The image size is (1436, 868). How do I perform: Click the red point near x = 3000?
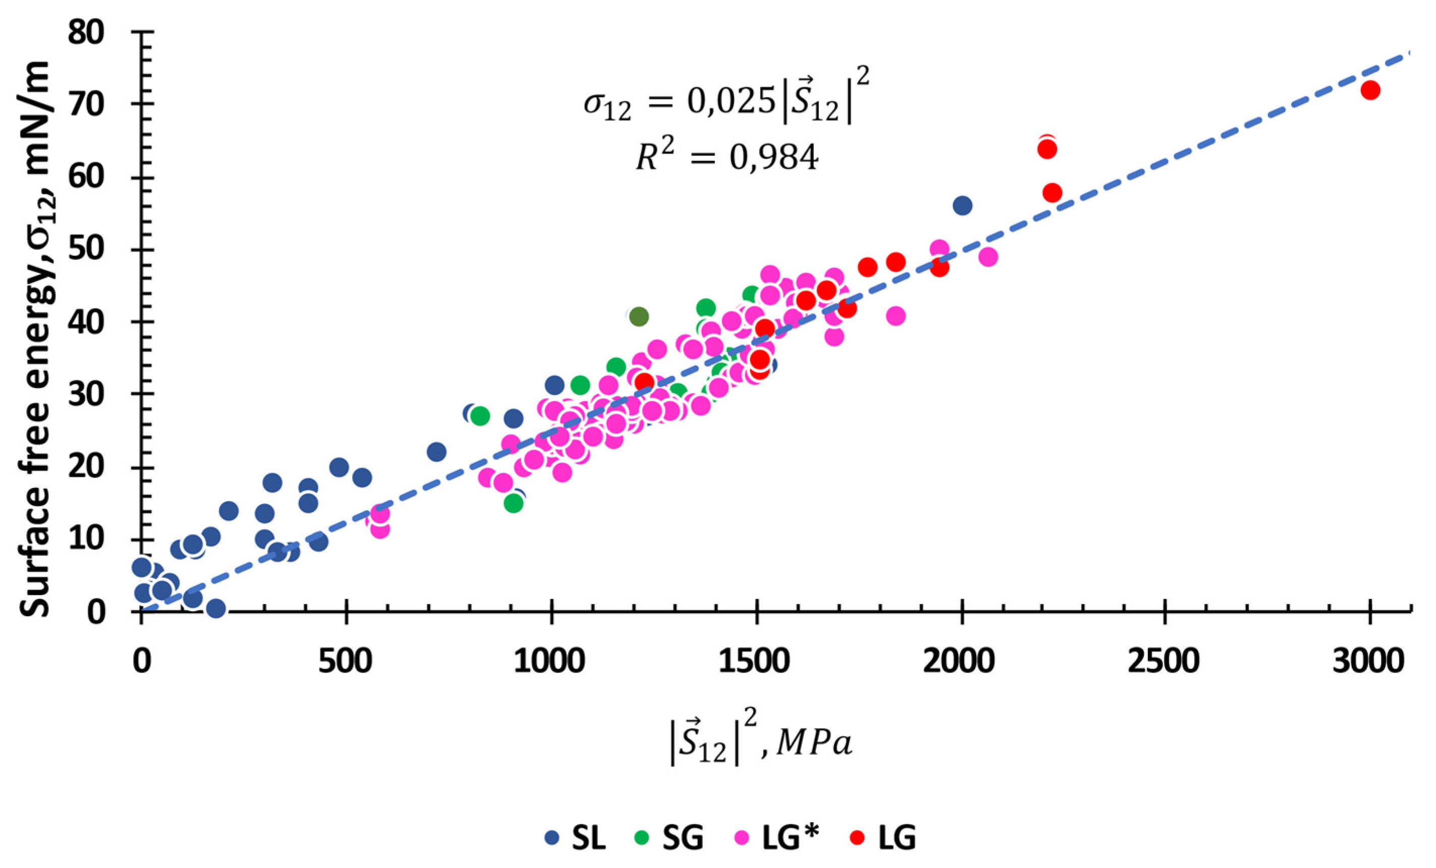[x=1370, y=90]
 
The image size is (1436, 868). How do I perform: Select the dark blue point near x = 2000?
[x=962, y=205]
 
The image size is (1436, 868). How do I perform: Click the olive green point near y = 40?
[x=639, y=316]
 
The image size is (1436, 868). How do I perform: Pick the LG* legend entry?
[x=776, y=838]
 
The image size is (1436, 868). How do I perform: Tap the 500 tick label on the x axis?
[x=346, y=663]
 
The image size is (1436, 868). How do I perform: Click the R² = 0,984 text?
[x=727, y=157]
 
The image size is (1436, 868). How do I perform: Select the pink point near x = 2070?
[x=988, y=256]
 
